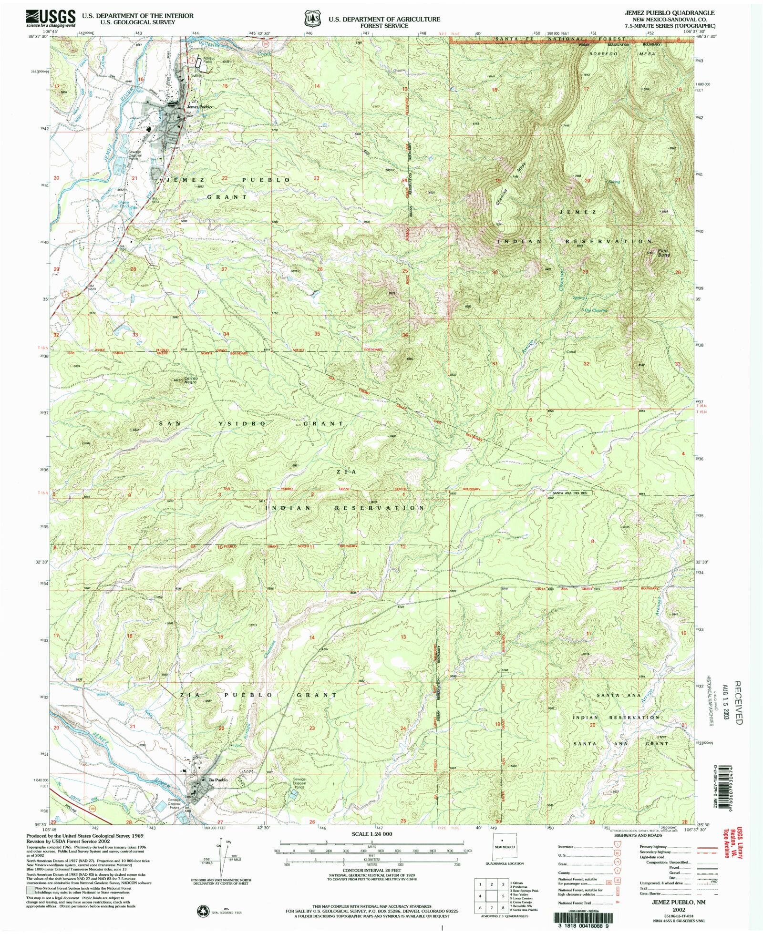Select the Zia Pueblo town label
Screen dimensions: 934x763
(x=217, y=780)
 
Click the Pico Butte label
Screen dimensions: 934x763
(x=663, y=253)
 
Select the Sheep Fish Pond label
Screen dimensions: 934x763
(x=123, y=205)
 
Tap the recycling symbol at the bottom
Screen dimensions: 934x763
(x=204, y=911)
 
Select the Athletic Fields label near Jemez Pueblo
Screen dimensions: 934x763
(x=209, y=60)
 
